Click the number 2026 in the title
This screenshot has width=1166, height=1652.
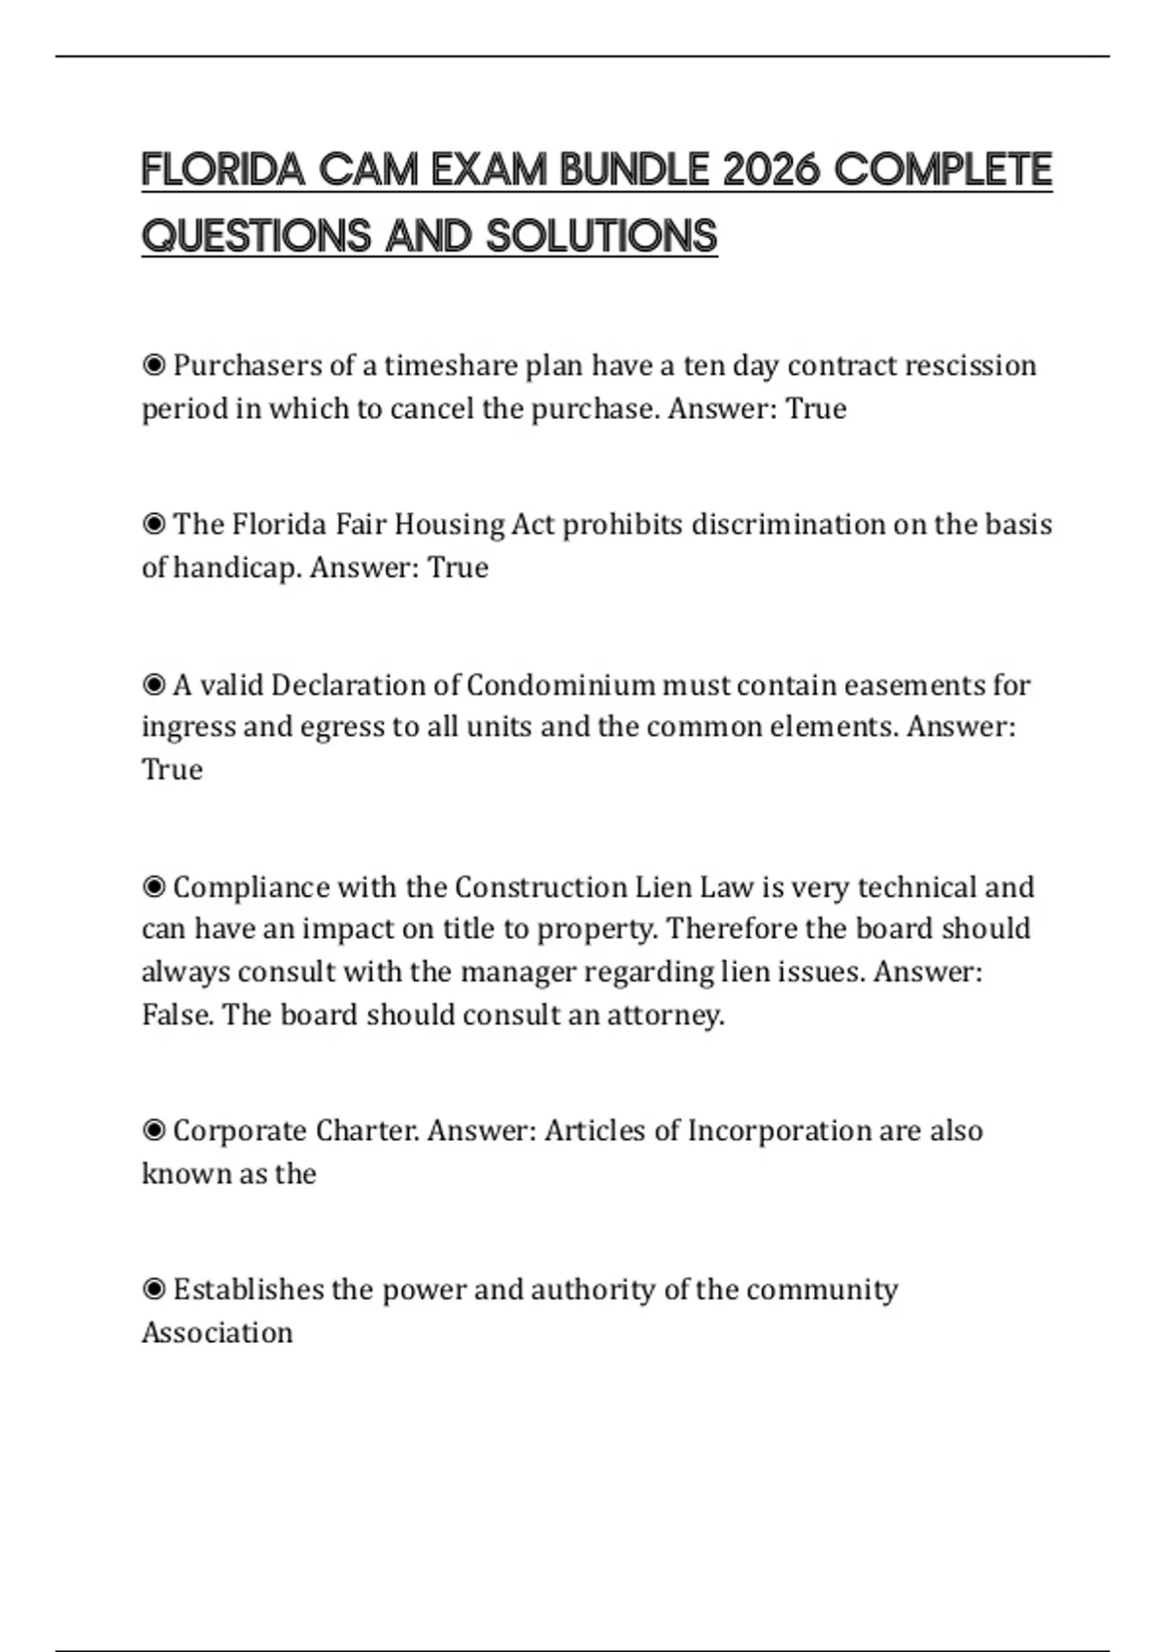pyautogui.click(x=772, y=170)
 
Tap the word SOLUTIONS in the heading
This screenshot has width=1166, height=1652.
pyautogui.click(x=601, y=236)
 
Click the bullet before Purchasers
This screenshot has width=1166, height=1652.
pyautogui.click(x=154, y=365)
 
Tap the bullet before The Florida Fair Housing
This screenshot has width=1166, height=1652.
pyautogui.click(x=154, y=525)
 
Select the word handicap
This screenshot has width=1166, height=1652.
pyautogui.click(x=237, y=568)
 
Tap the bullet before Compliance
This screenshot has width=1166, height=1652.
pyautogui.click(x=154, y=887)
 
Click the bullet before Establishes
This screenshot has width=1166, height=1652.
pyautogui.click(x=154, y=1290)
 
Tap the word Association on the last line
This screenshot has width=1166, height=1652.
pyautogui.click(x=217, y=1332)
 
